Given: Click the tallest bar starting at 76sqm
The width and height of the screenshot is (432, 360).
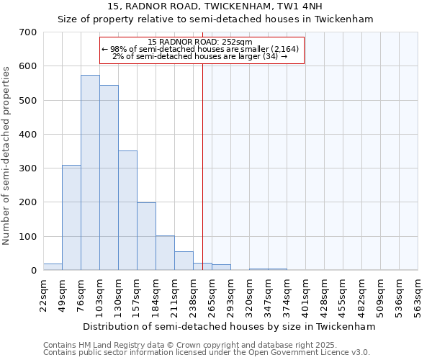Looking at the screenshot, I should coord(90,173).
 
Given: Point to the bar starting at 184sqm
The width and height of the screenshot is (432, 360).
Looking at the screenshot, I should coord(165,253).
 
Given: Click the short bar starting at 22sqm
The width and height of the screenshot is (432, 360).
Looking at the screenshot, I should coord(53,266).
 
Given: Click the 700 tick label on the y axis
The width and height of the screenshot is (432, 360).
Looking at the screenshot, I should coord(28,32).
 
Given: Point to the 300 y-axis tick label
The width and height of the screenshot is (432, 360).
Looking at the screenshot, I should coord(28,168).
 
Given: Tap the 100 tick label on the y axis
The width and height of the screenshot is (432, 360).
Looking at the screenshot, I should coord(28,236).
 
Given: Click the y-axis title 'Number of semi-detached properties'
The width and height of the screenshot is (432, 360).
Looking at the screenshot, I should coord(6,155).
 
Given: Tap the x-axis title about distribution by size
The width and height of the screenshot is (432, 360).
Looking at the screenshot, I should coord(230,326).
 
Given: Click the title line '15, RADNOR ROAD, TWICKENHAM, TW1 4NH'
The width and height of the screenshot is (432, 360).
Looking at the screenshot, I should coord(215,6).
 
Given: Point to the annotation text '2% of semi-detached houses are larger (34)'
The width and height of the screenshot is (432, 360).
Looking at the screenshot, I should coord(199,56).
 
